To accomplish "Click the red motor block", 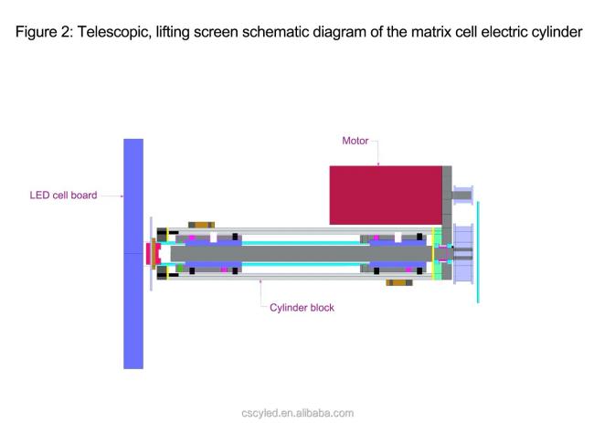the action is click(386, 195).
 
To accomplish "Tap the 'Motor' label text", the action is click(355, 141).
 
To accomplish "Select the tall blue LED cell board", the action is click(133, 254).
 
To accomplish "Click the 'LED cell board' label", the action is click(63, 196).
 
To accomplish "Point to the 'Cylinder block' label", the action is click(302, 308).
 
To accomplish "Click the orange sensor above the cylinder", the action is click(202, 225).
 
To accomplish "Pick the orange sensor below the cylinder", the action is click(399, 282).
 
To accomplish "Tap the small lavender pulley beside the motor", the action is click(463, 195).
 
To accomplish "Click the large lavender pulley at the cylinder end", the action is click(463, 254).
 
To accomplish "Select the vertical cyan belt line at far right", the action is click(478, 252).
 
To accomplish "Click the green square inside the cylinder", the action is click(180, 268).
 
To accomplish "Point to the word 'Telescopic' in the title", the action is click(113, 32).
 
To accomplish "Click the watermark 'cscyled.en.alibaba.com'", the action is click(297, 413).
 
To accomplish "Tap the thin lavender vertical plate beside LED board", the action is click(151, 254).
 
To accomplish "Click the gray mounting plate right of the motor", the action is click(447, 223).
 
